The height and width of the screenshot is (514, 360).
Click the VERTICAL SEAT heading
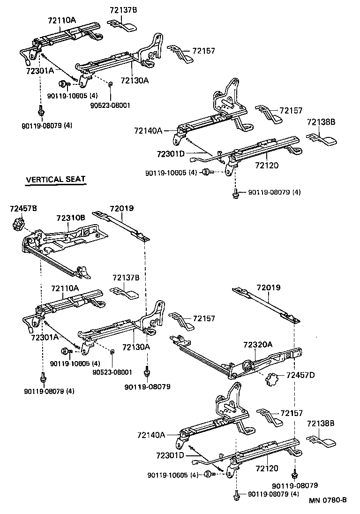click(x=55, y=179)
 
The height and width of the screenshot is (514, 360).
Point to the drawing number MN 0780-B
click(x=327, y=499)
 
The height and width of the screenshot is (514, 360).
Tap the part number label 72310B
click(x=71, y=218)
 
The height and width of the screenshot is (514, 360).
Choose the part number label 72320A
click(x=257, y=344)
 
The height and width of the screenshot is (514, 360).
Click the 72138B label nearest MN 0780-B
click(x=321, y=423)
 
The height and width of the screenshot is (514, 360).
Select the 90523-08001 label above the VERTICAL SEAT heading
click(x=110, y=105)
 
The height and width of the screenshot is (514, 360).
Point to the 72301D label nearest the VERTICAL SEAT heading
click(x=171, y=154)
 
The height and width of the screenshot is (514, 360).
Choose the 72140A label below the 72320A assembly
click(x=151, y=435)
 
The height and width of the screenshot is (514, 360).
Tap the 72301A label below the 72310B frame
click(x=45, y=337)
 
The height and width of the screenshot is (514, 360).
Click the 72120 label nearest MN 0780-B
click(x=267, y=468)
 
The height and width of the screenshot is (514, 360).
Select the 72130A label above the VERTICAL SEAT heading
click(x=135, y=80)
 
